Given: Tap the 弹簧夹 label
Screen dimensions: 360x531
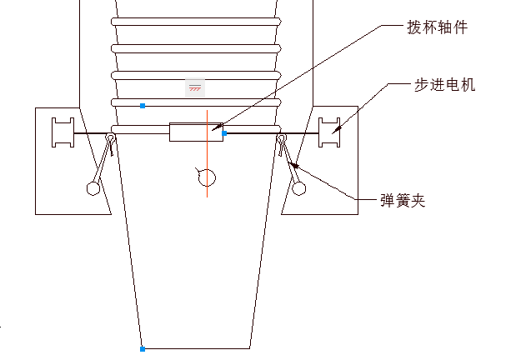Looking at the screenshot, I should (403, 201).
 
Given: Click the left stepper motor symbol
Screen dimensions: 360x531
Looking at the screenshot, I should (63, 132).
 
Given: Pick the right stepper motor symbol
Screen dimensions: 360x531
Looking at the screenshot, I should (331, 132).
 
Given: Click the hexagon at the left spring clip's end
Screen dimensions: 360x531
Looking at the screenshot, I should (93, 188).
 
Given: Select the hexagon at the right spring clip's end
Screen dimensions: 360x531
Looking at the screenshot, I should (298, 189).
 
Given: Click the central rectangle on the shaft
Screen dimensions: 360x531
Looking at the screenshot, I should (196, 132).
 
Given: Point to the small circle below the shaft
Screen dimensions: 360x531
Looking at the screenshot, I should (207, 177).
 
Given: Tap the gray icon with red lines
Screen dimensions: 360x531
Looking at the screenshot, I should (194, 87).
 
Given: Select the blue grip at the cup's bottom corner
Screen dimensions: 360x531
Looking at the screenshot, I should (143, 348).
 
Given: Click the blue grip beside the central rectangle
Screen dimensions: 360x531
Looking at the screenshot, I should (225, 133).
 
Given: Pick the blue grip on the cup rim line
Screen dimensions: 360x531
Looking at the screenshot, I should (143, 105).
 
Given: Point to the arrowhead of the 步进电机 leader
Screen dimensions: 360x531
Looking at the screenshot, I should (336, 129).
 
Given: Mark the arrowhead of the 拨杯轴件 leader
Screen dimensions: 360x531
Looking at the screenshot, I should (215, 129).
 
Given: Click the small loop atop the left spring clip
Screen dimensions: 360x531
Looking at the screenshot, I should (110, 138).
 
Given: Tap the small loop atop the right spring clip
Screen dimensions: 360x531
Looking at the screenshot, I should (282, 138).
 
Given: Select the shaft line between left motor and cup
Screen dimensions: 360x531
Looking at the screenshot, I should (92, 133).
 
